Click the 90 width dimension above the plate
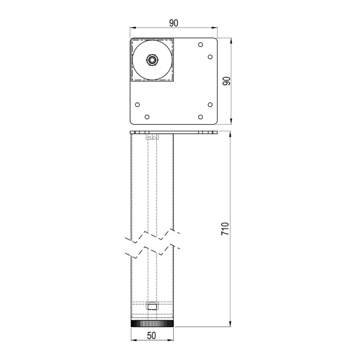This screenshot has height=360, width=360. tap(174, 23)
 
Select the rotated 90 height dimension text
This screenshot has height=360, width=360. tap(227, 81)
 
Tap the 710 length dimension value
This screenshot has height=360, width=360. tap(225, 229)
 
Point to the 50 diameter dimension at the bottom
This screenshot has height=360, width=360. tap(151, 335)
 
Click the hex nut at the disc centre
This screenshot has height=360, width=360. tap(152, 60)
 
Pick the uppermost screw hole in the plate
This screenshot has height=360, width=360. tap(200, 45)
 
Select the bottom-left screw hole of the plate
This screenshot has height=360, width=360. tap(147, 117)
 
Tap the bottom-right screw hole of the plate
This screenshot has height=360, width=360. tap(200, 117)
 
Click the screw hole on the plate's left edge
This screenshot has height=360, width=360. tap(137, 104)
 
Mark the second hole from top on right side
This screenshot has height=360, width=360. tap(210, 57)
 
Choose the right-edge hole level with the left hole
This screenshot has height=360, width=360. tap(210, 104)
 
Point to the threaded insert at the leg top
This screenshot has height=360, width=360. tap(152, 137)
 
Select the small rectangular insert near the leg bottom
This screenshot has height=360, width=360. tap(152, 306)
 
